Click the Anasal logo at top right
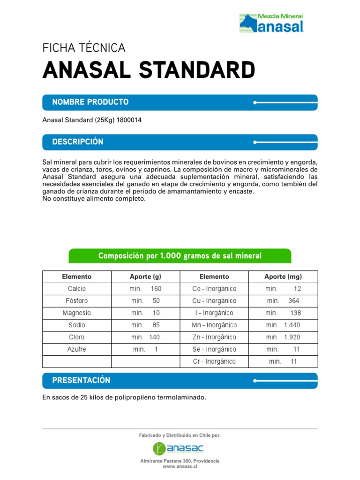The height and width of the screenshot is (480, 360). coord(272,23)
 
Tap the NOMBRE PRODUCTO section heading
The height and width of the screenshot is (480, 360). coord(90,102)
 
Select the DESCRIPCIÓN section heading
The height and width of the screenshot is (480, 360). coord(78,142)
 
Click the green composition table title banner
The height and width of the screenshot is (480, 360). coord(180,255)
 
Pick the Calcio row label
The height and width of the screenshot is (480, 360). coord(77,289)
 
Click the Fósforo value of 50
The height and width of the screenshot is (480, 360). coord(156,301)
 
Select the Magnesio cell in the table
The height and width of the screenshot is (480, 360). coord(77,313)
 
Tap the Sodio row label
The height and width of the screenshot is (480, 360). coord(77,325)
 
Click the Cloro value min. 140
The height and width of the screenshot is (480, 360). coord(145,337)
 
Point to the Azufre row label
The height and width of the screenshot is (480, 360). coord(77,350)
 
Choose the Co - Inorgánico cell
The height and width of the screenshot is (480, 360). coord(214,289)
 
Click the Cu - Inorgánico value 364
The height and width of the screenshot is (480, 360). coord(293,301)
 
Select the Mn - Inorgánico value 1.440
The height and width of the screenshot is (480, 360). coord(292,325)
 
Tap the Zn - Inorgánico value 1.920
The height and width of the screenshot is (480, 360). coord(292,337)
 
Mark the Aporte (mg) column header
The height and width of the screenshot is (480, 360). coord(283,277)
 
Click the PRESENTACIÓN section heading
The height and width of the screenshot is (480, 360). coord(81,381)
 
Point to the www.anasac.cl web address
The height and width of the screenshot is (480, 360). coord(180,467)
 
